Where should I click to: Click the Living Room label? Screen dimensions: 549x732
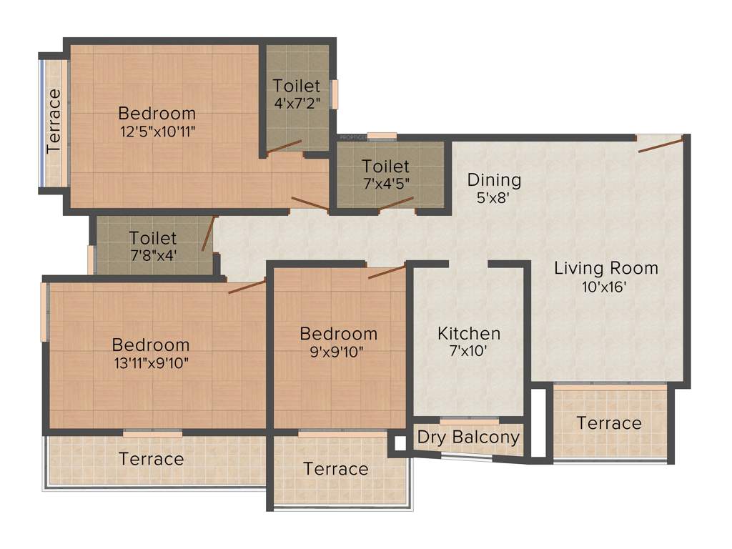click(606, 269)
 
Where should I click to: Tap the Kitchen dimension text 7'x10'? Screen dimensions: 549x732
click(469, 351)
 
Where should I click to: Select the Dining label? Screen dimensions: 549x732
click(494, 179)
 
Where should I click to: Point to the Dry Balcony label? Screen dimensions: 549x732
click(468, 437)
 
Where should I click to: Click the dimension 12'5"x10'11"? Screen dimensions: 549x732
click(157, 131)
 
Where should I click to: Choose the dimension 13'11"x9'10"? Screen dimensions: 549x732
click(151, 362)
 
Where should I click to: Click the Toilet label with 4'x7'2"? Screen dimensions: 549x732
click(297, 86)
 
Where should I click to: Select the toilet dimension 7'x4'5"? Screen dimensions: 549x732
click(386, 183)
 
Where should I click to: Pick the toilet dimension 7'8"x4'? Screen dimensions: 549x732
click(152, 254)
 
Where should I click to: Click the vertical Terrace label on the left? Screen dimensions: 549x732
click(54, 122)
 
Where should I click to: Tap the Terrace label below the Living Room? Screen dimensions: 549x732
click(609, 423)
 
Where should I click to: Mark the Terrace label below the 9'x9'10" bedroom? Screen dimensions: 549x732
click(336, 469)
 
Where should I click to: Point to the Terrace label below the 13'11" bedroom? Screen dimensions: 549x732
click(151, 458)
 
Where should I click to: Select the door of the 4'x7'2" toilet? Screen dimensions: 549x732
click(285, 147)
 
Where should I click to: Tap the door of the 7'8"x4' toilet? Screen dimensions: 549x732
click(207, 234)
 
